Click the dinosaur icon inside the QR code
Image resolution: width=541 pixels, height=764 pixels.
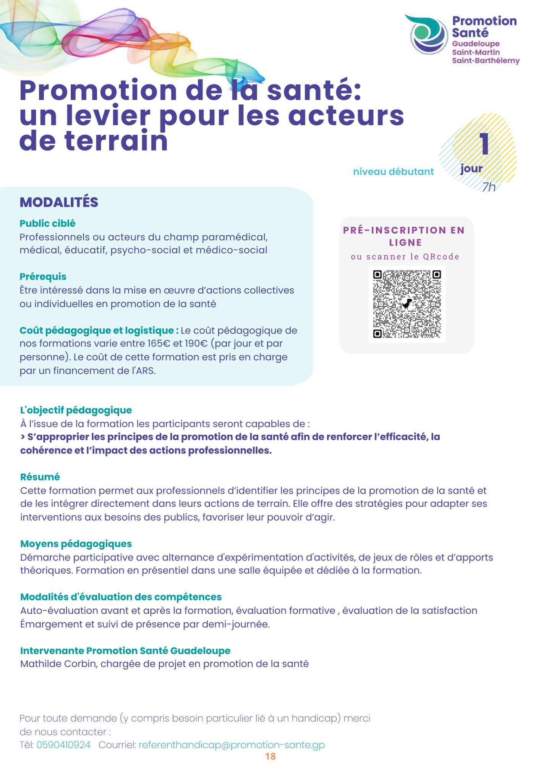[x=407, y=303]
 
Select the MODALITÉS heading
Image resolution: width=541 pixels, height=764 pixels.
[x=59, y=202]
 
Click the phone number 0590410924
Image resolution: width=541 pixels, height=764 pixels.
[x=63, y=745]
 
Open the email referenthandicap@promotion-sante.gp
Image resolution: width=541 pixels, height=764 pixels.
[x=232, y=745]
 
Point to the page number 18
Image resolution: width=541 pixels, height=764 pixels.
[x=270, y=756]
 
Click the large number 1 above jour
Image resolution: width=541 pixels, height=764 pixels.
[x=484, y=144]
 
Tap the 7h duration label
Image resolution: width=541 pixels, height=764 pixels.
[x=489, y=187]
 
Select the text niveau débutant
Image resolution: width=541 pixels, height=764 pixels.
[x=393, y=172]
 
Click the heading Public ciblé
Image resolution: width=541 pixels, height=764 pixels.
[x=47, y=223]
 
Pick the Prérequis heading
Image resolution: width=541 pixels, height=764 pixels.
[x=43, y=277]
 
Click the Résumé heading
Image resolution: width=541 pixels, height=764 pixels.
[x=40, y=477]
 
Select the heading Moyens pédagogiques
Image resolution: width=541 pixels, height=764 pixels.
[x=76, y=544]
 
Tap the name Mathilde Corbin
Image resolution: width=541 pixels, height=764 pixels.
[x=58, y=664]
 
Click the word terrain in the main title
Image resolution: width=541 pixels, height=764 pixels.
[x=116, y=141]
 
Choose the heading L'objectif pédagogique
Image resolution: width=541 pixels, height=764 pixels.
[x=76, y=410]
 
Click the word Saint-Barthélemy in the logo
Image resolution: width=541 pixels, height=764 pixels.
[x=486, y=61]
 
